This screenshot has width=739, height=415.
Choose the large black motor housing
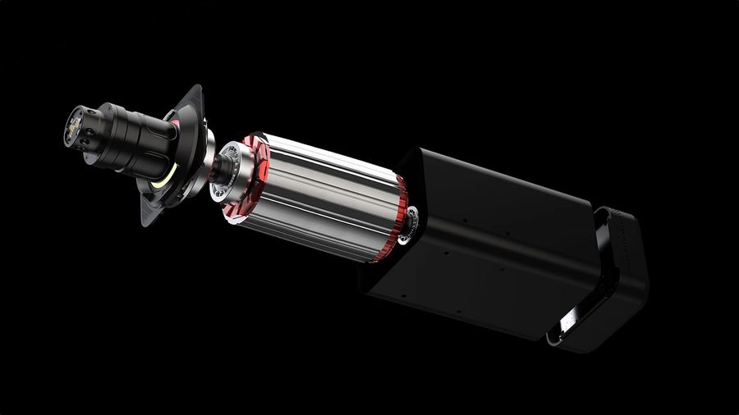484,246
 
